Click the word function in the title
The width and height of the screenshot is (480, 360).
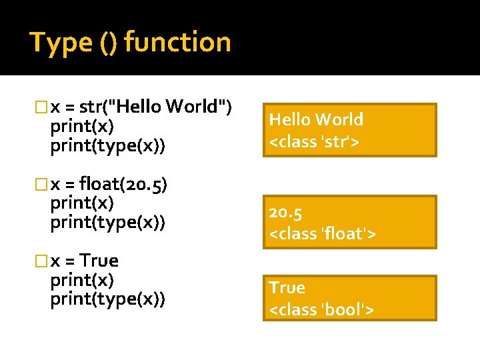[177, 43]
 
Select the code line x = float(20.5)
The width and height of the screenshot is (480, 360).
[109, 182]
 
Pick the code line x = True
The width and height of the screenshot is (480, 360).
[85, 260]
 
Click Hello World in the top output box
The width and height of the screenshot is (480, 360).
[316, 119]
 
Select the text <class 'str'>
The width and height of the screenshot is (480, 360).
[314, 141]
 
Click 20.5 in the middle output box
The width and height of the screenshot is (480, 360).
[286, 213]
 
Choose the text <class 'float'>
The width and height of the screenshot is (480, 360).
[323, 233]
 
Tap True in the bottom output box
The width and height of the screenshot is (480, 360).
[287, 288]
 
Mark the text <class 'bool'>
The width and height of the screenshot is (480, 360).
[321, 309]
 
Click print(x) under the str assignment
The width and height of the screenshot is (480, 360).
[82, 126]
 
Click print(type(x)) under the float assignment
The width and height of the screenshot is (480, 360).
[107, 222]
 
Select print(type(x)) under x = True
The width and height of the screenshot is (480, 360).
[107, 300]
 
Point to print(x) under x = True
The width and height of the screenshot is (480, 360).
[82, 280]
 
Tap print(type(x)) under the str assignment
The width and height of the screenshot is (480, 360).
[107, 145]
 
